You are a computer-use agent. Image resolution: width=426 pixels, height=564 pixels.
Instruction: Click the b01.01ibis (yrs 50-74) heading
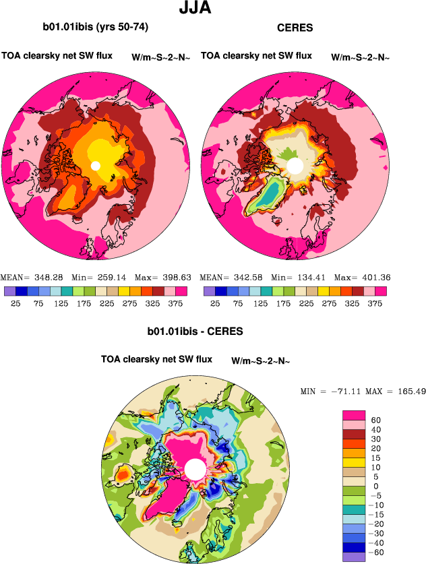tap(95, 28)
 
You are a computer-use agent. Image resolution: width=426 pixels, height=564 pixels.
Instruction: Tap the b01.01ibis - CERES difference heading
tap(195, 332)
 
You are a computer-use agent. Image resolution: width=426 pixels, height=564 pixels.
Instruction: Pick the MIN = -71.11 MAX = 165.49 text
tap(363, 391)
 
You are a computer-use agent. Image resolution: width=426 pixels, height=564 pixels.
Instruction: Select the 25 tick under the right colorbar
tap(215, 304)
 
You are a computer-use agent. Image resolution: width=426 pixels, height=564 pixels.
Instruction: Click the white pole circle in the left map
tap(96, 166)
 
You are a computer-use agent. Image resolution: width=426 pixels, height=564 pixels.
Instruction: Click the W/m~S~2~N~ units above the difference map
tap(260, 361)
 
